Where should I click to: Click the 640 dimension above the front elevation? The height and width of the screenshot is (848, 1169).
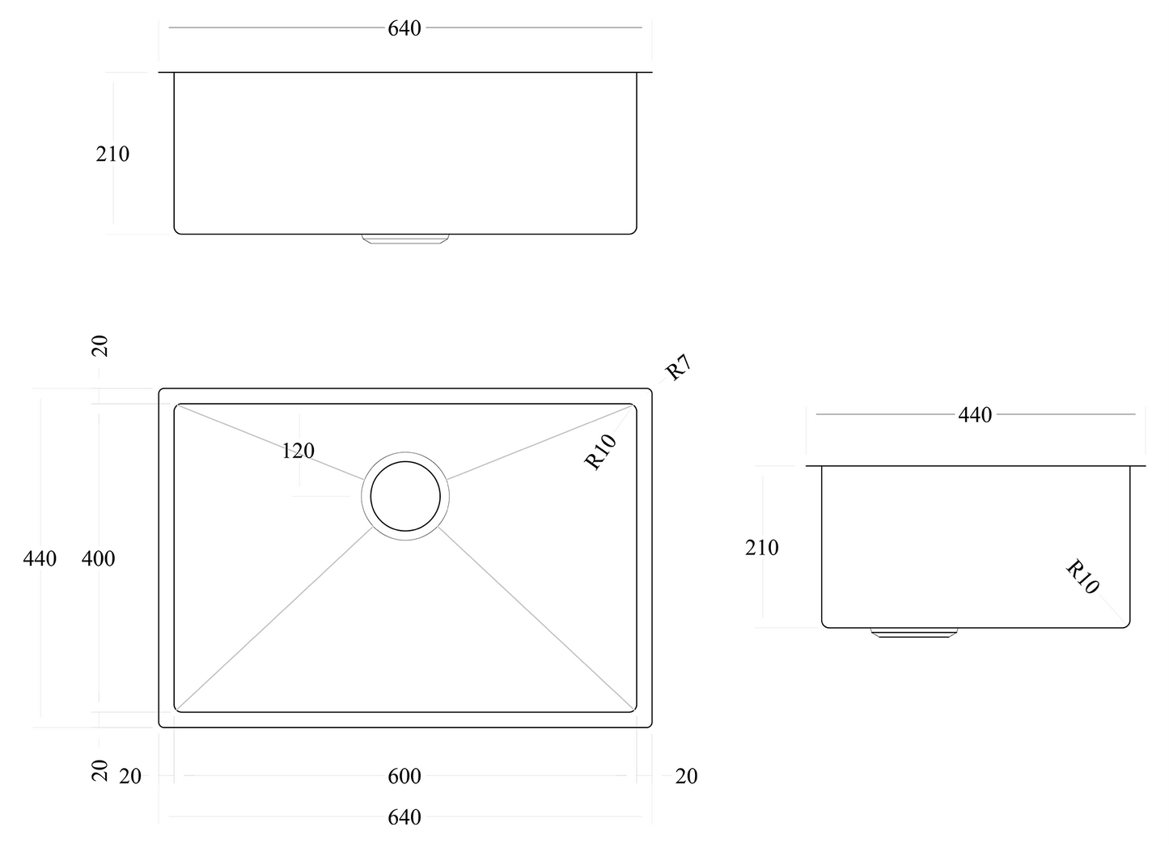tap(404, 28)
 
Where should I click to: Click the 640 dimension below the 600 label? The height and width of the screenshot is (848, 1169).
tap(404, 817)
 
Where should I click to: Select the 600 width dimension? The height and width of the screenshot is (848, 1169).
tap(404, 776)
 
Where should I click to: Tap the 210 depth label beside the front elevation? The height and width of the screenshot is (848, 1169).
tap(112, 154)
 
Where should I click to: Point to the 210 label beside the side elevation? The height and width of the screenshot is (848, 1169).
tap(761, 548)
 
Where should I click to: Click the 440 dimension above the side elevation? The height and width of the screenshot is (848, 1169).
tap(975, 415)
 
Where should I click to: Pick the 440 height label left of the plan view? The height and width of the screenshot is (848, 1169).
tap(40, 558)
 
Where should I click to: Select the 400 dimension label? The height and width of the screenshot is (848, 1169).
tap(99, 558)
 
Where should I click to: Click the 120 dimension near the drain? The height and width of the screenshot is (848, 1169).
tap(298, 451)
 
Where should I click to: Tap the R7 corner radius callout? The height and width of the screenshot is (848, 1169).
tap(678, 368)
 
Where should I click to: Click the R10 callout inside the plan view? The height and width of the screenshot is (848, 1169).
tap(601, 452)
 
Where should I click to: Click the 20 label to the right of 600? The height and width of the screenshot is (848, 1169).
tap(685, 776)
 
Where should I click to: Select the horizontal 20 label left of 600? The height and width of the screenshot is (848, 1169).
tap(129, 776)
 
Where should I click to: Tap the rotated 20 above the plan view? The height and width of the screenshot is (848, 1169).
tap(100, 346)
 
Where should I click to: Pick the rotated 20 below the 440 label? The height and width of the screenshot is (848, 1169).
tap(100, 770)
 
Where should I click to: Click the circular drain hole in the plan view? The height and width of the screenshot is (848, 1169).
tap(405, 496)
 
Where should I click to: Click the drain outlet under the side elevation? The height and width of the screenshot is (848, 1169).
tap(913, 632)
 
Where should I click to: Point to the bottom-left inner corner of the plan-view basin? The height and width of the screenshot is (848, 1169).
tap(177, 710)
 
